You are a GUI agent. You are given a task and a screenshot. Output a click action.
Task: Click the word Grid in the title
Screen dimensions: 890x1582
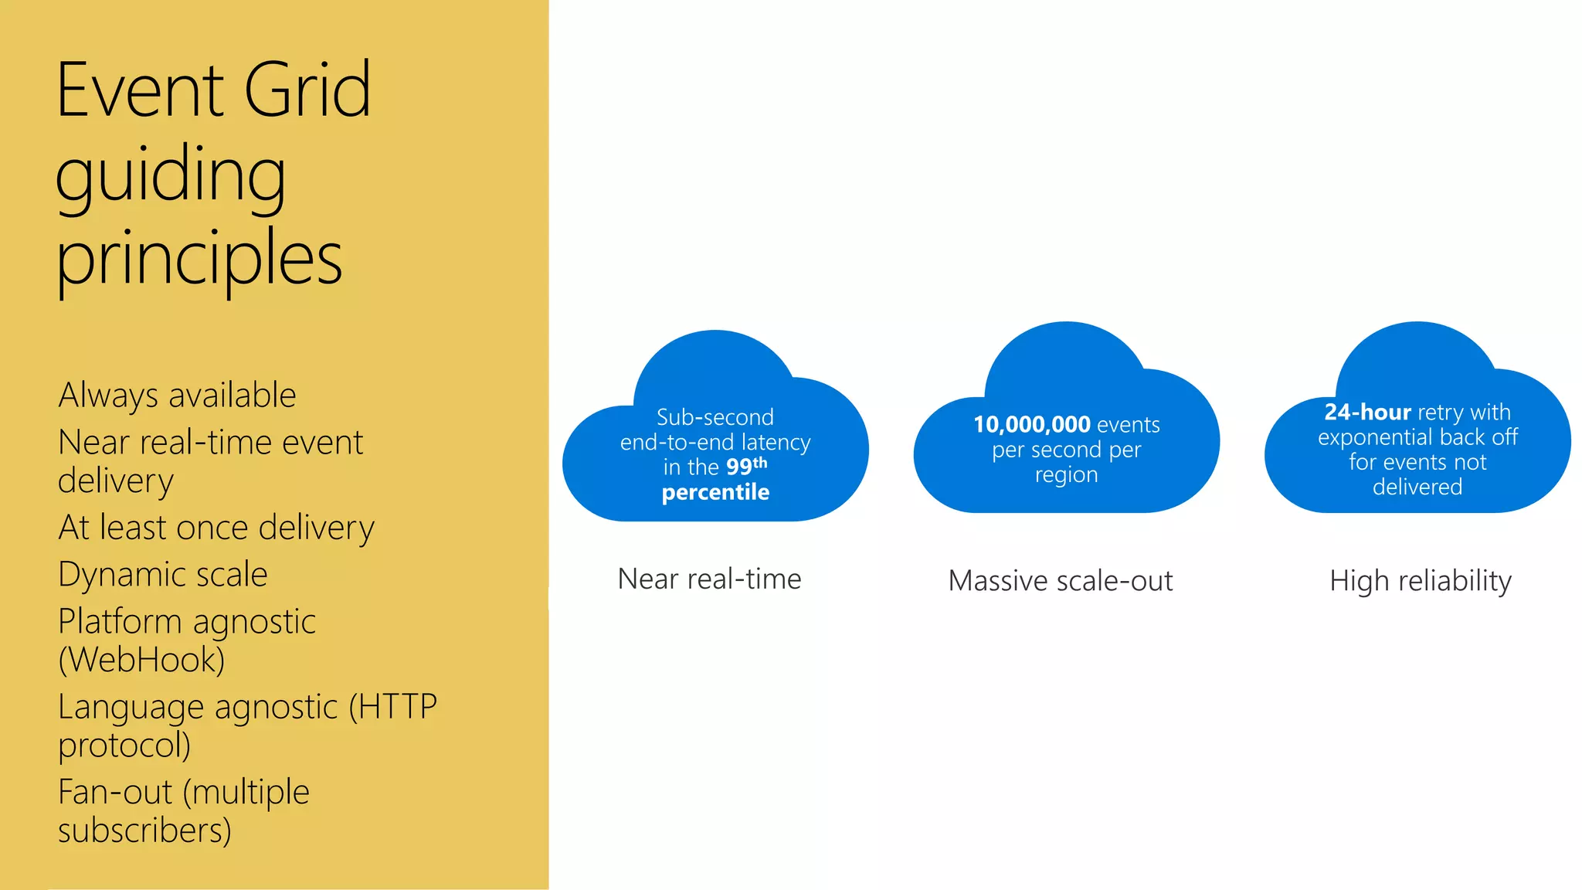pos(307,91)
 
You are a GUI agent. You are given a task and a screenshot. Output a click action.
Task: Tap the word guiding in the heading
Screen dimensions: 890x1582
pos(171,176)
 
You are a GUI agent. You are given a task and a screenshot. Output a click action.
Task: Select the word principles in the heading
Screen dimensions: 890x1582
pos(199,259)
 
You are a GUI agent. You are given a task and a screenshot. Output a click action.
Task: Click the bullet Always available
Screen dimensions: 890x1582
pos(177,396)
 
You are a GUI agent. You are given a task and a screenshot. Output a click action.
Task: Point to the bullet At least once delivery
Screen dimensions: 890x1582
pos(216,528)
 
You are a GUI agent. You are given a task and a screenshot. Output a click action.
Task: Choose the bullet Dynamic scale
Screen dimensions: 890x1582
pos(163,575)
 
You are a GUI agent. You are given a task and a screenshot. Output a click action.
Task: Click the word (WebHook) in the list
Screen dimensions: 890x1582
pos(141,660)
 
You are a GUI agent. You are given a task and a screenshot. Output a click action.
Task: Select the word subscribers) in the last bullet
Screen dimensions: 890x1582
pos(144,831)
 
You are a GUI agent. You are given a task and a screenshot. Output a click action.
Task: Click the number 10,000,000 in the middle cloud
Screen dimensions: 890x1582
pos(1032,425)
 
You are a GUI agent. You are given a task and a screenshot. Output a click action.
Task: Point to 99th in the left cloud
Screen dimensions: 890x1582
pos(746,466)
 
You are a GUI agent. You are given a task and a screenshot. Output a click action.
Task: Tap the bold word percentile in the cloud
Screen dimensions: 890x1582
pos(715,492)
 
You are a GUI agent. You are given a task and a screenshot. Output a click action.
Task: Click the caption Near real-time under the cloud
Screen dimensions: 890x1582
pos(709,579)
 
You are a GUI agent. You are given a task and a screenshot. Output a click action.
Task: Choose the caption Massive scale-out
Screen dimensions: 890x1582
pos(1060,581)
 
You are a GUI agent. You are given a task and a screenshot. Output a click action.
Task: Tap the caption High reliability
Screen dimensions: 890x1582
pos(1420,581)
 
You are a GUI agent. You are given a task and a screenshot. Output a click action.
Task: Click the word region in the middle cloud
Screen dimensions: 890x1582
pos(1066,475)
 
